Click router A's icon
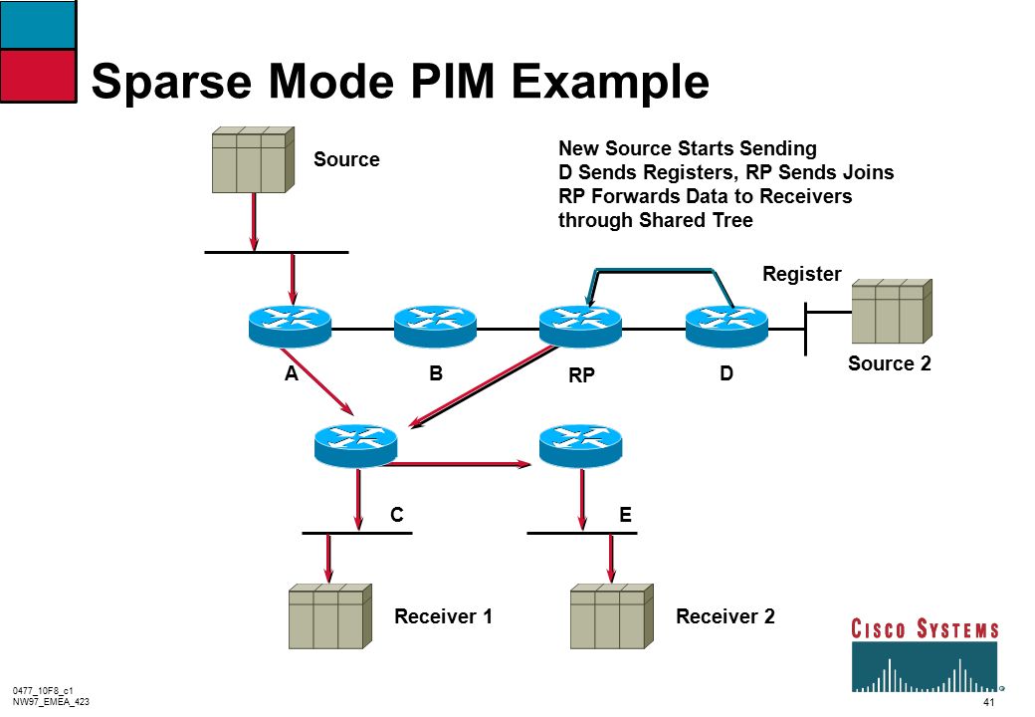coord(290,327)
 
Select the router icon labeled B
coord(435,327)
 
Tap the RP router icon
coord(580,327)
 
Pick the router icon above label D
coord(726,327)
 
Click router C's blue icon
coord(356,446)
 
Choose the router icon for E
coord(580,446)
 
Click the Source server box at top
coord(253,159)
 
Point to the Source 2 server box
coord(892,312)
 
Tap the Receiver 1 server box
coord(330,616)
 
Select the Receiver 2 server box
coord(612,616)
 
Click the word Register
coord(801,274)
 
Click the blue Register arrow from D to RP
coord(654,270)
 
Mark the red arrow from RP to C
coord(485,387)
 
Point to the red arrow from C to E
coord(457,464)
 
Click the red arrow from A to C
coord(317,381)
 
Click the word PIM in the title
coord(452,82)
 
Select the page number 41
coord(988,702)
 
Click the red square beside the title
coord(38,76)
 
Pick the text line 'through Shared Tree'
coord(656,220)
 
